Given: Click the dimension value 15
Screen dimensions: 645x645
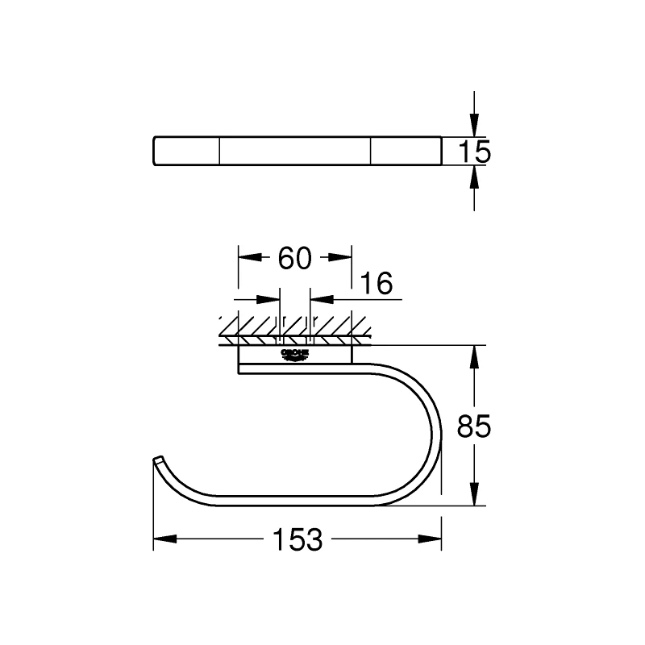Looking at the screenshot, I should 475,152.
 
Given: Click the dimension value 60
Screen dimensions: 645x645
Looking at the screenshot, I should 294,258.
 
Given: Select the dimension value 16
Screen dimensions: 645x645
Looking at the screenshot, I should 376,284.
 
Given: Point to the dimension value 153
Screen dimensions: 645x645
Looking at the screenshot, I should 298,539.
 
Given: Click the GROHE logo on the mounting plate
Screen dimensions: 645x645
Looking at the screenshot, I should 294,356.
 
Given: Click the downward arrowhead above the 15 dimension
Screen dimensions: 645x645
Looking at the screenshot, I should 475,124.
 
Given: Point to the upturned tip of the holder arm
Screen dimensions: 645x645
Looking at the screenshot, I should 157,461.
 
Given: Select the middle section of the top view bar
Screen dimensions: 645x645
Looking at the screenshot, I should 295,151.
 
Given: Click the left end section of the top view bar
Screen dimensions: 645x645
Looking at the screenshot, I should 186,151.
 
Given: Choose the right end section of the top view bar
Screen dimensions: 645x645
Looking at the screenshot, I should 406,151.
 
